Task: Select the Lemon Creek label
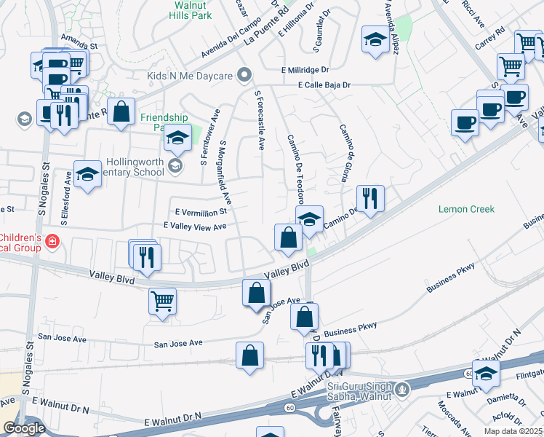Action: point(466,209)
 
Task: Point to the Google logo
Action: point(24,428)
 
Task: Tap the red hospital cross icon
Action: point(52,241)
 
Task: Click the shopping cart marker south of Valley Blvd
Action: point(162,300)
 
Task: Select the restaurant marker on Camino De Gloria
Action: point(370,197)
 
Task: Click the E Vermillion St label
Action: point(201,211)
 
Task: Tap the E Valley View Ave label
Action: point(195,227)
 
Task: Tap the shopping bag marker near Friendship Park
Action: point(121,111)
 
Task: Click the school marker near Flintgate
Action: point(486,373)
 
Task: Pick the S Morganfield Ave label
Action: point(225,172)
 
